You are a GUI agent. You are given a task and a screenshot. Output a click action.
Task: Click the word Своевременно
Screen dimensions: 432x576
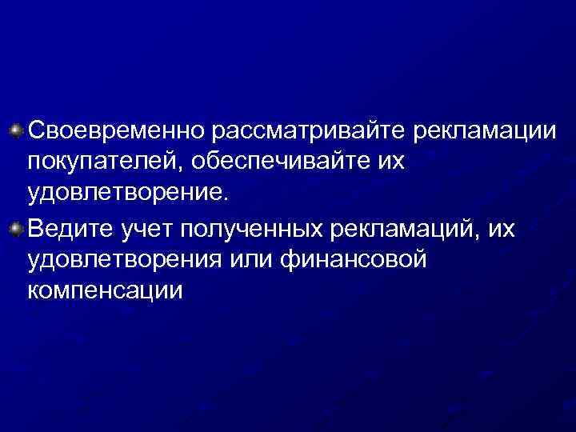118,130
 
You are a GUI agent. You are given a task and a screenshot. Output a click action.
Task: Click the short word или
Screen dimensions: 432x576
258,260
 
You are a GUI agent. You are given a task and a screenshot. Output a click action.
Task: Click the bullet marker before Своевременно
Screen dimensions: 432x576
17,128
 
